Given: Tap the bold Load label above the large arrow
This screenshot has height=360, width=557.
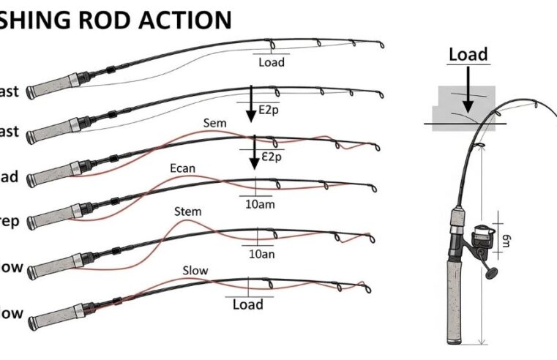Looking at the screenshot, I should [468, 55].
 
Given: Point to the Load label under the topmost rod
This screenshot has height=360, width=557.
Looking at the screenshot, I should [271, 63].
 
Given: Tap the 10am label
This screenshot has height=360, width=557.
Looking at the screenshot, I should [260, 204].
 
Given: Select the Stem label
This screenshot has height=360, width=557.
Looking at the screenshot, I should [187, 212].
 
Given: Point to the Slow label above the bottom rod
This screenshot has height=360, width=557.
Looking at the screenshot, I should [195, 271].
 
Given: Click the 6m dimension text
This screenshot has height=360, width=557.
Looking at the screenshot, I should [505, 238].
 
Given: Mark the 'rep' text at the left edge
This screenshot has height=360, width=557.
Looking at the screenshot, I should [10, 221].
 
